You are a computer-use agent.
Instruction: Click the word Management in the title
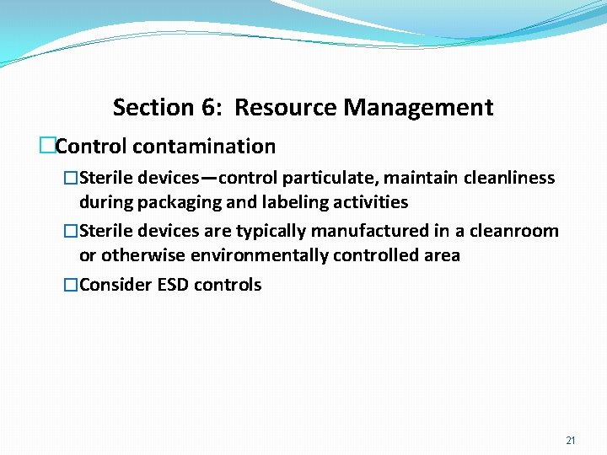pyautogui.click(x=418, y=108)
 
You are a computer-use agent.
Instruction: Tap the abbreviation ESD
pyautogui.click(x=174, y=285)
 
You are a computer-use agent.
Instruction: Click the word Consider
pyautogui.click(x=115, y=285)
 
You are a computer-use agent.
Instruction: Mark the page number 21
pyautogui.click(x=571, y=441)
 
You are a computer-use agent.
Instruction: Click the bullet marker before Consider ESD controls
pyautogui.click(x=71, y=285)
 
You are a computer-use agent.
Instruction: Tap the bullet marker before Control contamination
pyautogui.click(x=47, y=147)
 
